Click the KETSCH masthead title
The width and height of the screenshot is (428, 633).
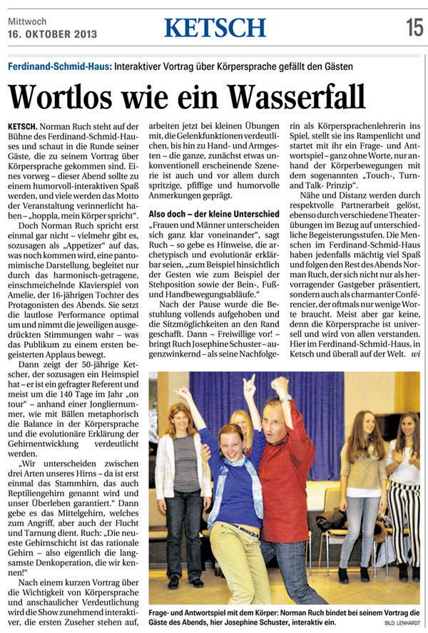[215, 27]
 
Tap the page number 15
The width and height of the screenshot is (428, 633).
[414, 27]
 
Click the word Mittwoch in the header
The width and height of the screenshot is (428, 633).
[28, 21]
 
